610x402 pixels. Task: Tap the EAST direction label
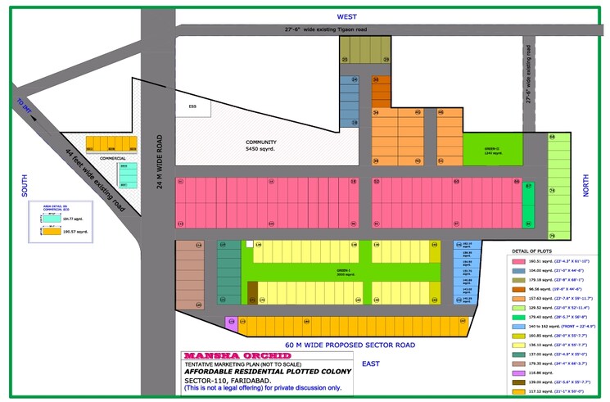371,363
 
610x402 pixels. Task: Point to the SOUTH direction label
25,190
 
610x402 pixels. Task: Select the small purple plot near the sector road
230,322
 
